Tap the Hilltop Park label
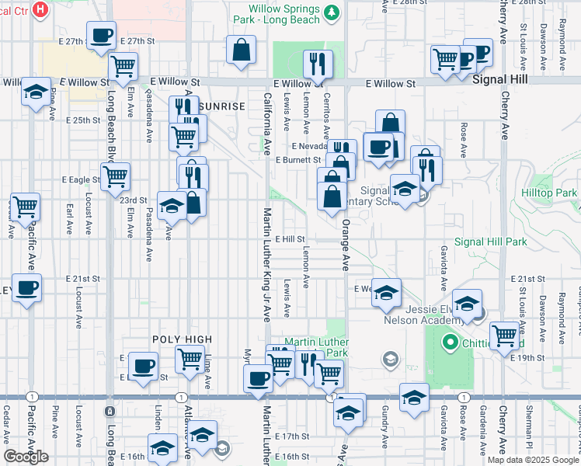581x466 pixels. point(550,193)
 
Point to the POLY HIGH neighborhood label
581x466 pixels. point(182,339)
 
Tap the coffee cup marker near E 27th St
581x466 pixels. point(102,36)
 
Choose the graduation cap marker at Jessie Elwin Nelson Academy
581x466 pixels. point(467,304)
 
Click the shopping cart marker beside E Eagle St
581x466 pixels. point(115,176)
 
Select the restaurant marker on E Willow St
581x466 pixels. point(318,64)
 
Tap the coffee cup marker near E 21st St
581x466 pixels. point(26,287)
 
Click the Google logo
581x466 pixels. point(26,457)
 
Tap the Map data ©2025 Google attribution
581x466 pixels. point(533,460)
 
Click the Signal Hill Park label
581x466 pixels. point(491,242)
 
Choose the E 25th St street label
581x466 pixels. point(83,120)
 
